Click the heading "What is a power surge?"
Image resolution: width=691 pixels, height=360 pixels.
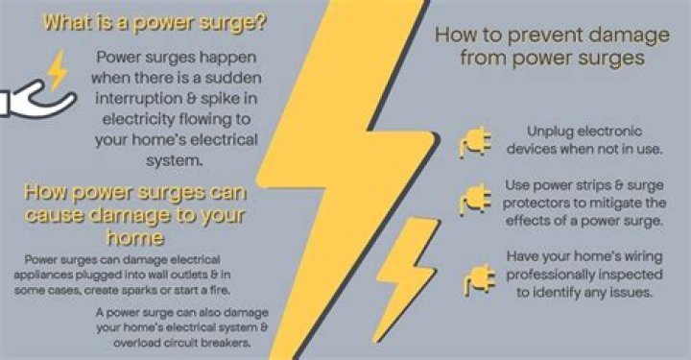click(155, 23)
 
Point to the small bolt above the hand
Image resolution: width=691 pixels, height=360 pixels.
click(58, 70)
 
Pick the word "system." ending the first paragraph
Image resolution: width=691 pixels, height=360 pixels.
click(175, 160)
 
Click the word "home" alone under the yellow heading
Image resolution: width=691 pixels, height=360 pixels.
click(135, 238)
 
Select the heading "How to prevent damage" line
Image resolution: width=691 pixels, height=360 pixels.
click(552, 36)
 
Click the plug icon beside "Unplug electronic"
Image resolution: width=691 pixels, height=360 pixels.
click(475, 142)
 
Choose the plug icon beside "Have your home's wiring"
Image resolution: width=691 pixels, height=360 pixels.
click(479, 280)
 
